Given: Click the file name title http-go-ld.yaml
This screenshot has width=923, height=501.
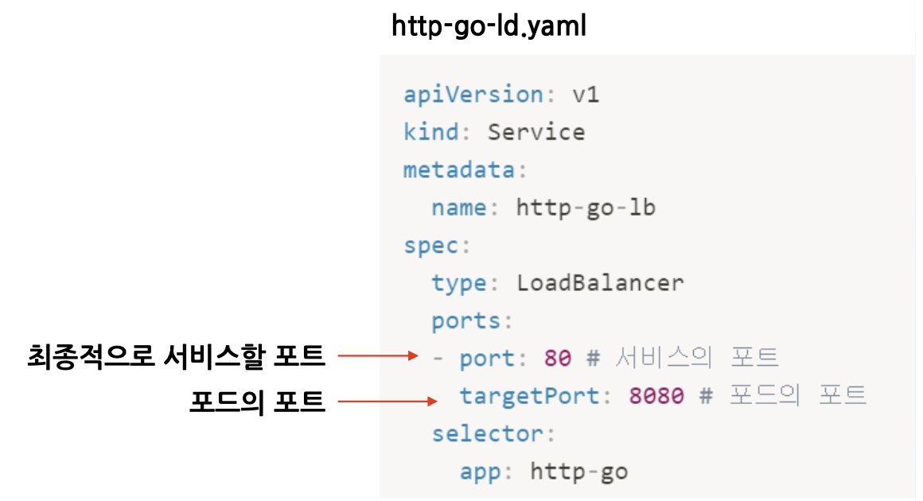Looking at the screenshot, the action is [489, 27].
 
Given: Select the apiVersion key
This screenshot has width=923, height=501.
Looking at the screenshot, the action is [472, 95].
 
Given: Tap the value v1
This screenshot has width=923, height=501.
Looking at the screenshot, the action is [586, 95].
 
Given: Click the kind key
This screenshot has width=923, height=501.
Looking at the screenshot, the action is [430, 132].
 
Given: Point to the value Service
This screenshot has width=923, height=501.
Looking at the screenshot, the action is [535, 132].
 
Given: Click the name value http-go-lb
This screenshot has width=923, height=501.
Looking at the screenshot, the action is [586, 208].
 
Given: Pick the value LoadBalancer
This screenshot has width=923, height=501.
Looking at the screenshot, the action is [600, 283].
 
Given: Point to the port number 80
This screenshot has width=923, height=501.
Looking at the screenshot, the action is [558, 359].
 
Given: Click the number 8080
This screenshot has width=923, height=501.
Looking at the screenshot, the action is [656, 396].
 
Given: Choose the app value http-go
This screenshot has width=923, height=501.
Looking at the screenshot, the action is [578, 472].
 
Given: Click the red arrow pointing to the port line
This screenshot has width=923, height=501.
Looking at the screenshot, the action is [377, 357].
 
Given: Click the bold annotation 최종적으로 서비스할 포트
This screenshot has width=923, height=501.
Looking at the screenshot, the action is [177, 357].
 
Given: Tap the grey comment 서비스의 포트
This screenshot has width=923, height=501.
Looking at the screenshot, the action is [696, 359].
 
